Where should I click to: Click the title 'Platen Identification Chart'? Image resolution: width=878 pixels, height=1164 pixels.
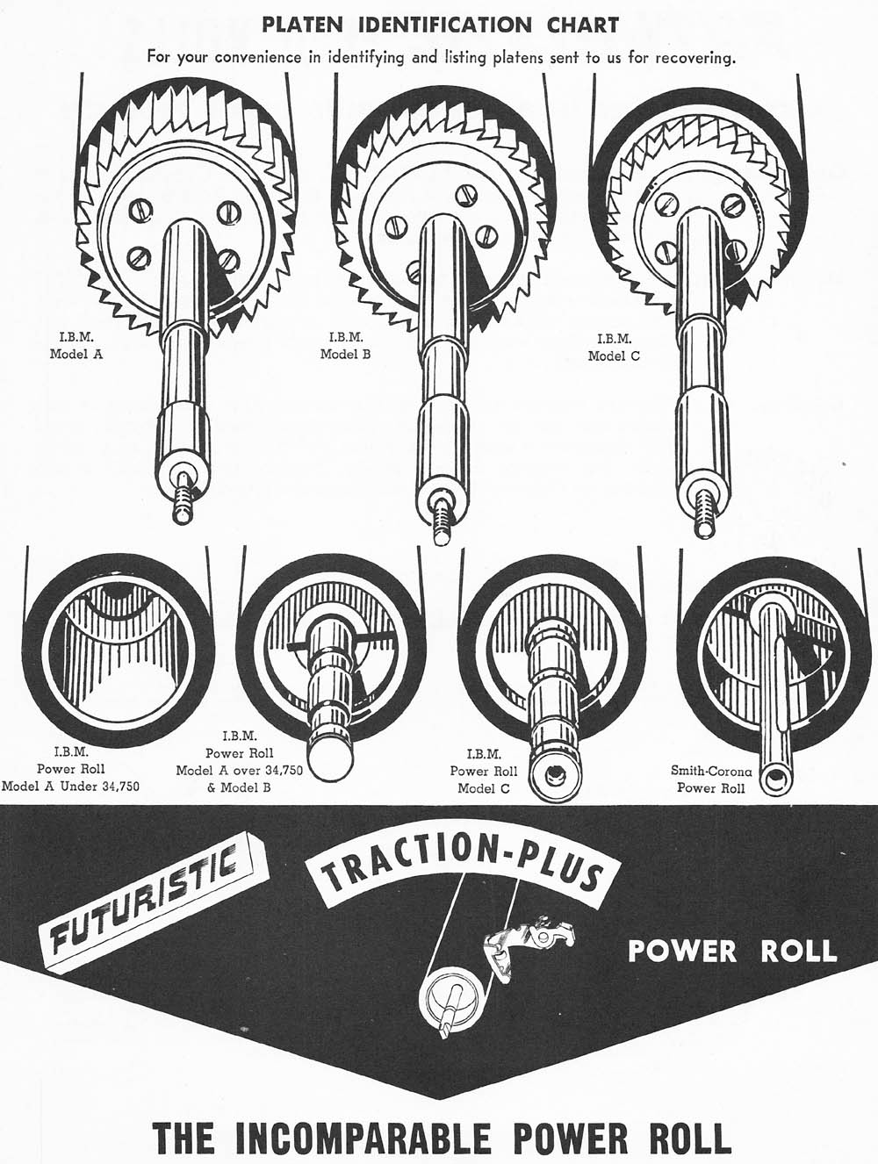coord(440,24)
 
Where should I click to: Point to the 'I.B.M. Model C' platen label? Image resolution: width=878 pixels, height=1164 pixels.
coord(614,348)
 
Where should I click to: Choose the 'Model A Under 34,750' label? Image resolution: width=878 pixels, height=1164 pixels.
coord(70,785)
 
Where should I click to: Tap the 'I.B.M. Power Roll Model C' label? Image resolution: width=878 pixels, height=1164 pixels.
coord(484,771)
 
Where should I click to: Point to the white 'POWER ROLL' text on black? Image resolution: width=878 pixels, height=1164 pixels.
coord(732,951)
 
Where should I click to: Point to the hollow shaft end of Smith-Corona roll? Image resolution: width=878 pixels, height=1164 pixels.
coord(777,779)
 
